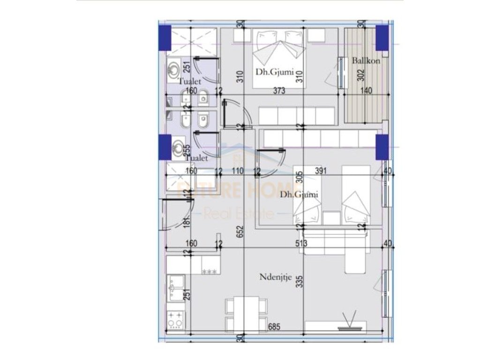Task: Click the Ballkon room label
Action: point(366,60)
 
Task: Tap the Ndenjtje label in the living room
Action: point(276,277)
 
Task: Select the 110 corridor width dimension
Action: point(237,172)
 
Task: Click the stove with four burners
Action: point(176,320)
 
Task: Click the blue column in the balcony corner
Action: point(382,35)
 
